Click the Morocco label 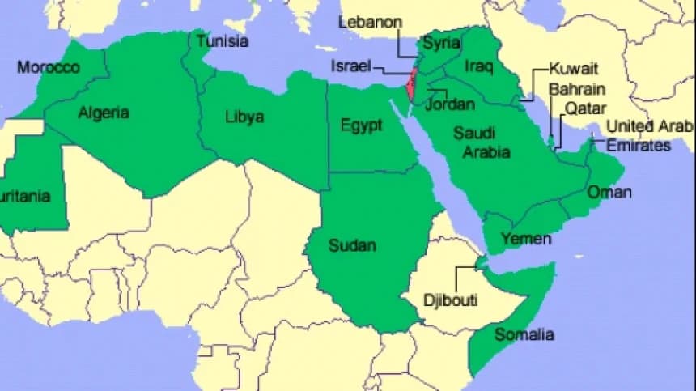click(x=49, y=67)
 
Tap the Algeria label click(x=104, y=113)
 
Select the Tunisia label click(x=223, y=40)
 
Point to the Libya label click(x=244, y=117)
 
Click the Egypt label click(x=361, y=125)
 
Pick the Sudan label click(x=352, y=245)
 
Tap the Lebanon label click(x=370, y=22)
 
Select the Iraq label click(x=479, y=66)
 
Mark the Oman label click(x=609, y=193)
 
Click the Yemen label click(x=526, y=239)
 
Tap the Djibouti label click(x=451, y=300)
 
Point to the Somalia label click(x=524, y=334)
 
